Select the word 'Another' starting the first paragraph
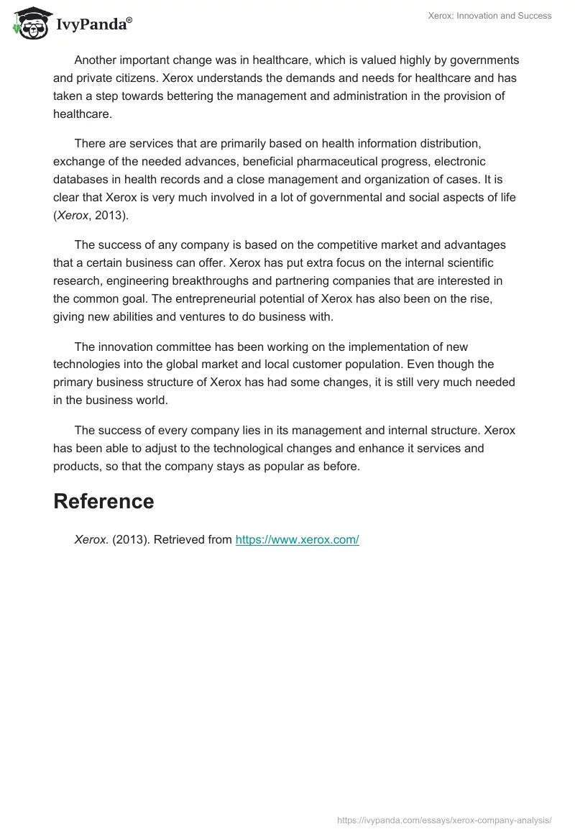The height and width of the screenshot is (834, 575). [98, 60]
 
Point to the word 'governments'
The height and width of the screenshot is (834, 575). [485, 60]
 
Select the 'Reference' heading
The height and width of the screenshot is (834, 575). [103, 502]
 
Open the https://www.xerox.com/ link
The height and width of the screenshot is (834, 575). [297, 540]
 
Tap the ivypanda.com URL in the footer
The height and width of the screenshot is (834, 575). [444, 820]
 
